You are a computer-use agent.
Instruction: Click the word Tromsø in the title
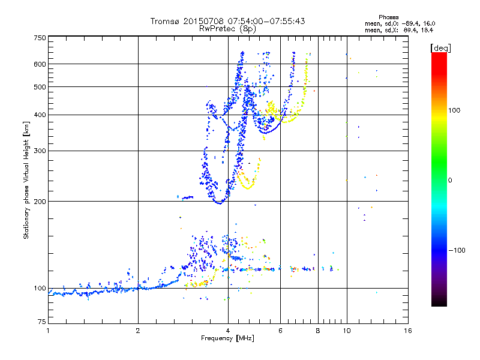[x=165, y=21]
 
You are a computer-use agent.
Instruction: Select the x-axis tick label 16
[x=407, y=331]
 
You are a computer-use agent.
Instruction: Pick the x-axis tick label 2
[x=138, y=331]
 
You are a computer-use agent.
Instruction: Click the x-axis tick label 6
[x=281, y=331]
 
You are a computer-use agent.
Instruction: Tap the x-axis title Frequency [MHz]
[x=227, y=338]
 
